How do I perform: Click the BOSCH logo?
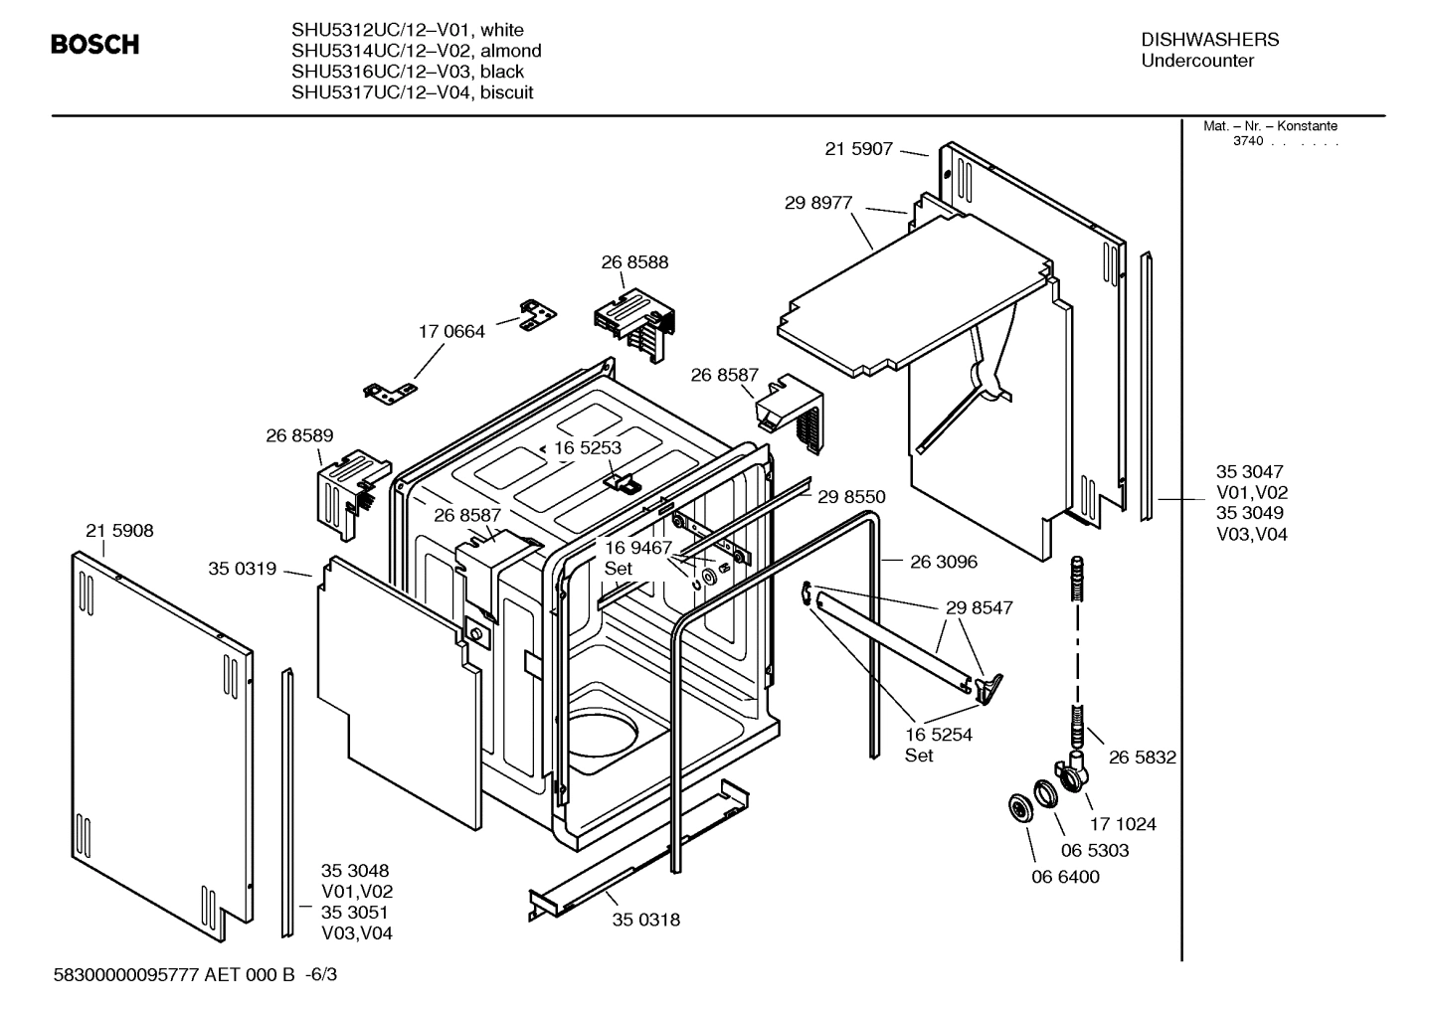click(x=94, y=45)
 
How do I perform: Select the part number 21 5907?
click(x=858, y=149)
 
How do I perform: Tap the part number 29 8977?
click(x=818, y=203)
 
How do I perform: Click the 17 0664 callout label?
click(x=451, y=332)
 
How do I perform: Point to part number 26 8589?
click(x=299, y=435)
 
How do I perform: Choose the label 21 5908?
click(x=119, y=531)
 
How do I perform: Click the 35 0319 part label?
click(x=242, y=569)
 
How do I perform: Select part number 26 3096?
click(x=944, y=562)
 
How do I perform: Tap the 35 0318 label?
click(x=645, y=920)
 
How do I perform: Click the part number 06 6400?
click(x=1065, y=877)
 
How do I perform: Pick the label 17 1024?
click(x=1123, y=824)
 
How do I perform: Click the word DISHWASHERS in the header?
click(x=1209, y=40)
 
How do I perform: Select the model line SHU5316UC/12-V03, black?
click(x=408, y=72)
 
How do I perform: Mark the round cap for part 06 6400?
click(x=1020, y=808)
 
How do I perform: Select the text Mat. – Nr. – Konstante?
click(x=1270, y=126)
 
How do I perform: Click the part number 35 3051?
click(x=354, y=913)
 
